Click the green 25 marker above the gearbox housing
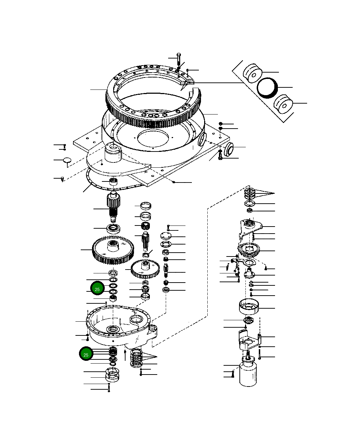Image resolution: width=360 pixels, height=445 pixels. (97, 289)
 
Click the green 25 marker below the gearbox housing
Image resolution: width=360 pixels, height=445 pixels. (86, 354)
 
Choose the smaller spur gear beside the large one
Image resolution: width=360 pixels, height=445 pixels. (145, 268)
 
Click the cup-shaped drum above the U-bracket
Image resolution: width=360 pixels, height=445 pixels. (250, 306)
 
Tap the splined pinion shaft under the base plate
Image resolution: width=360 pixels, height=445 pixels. (113, 206)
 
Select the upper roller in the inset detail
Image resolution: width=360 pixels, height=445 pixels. (252, 73)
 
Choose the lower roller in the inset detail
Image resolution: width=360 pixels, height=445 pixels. (283, 104)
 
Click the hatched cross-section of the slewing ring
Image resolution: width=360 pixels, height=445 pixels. (187, 82)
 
